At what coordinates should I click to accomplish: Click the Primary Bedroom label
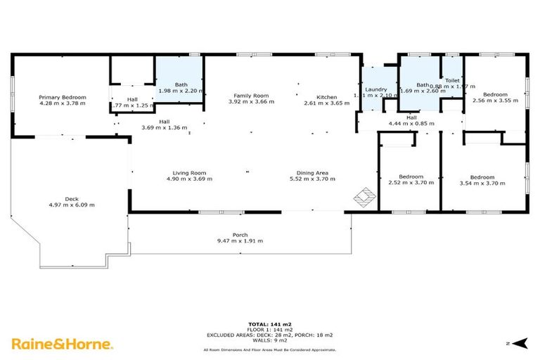tap(63, 97)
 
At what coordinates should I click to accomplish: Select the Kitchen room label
tap(326, 97)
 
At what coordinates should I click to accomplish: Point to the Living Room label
tap(189, 173)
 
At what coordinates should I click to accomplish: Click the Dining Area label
tap(313, 173)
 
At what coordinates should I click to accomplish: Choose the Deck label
tap(71, 199)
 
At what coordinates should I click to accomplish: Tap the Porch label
tap(240, 235)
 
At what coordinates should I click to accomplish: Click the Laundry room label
tap(376, 89)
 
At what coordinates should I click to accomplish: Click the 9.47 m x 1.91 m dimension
tap(240, 241)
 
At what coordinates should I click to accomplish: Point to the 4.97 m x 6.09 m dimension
tap(71, 205)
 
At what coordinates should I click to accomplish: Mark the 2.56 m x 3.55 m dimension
tap(494, 100)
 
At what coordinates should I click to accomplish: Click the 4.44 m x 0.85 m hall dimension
tap(411, 124)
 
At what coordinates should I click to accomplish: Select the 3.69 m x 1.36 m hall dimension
tap(164, 127)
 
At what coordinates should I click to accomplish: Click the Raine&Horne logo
tap(61, 344)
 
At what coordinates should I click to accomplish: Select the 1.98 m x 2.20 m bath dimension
tap(181, 91)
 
